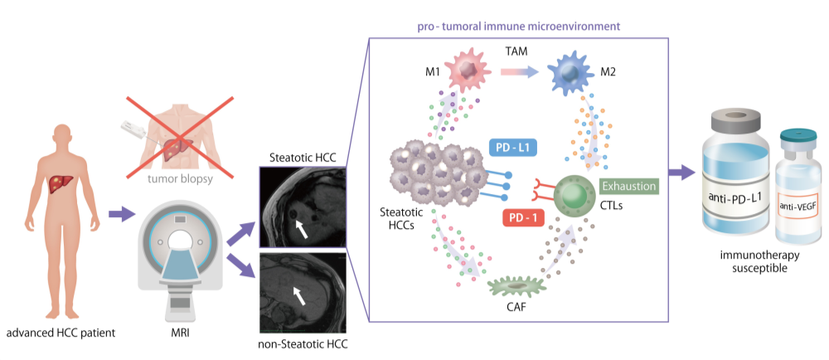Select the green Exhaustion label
click(629, 186)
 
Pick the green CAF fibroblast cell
click(518, 287)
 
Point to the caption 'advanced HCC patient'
click(60, 334)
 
